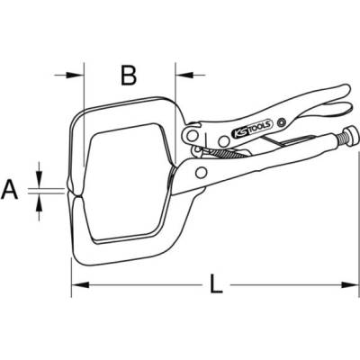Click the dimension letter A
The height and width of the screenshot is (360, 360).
pos(10,190)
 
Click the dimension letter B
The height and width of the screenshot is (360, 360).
pos(129,75)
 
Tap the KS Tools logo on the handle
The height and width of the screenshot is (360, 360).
pos(252,128)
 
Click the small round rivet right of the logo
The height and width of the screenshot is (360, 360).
pos(282,121)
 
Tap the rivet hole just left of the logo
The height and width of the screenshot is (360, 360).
pos(223,140)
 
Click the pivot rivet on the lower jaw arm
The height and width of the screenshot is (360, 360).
pos(201,173)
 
